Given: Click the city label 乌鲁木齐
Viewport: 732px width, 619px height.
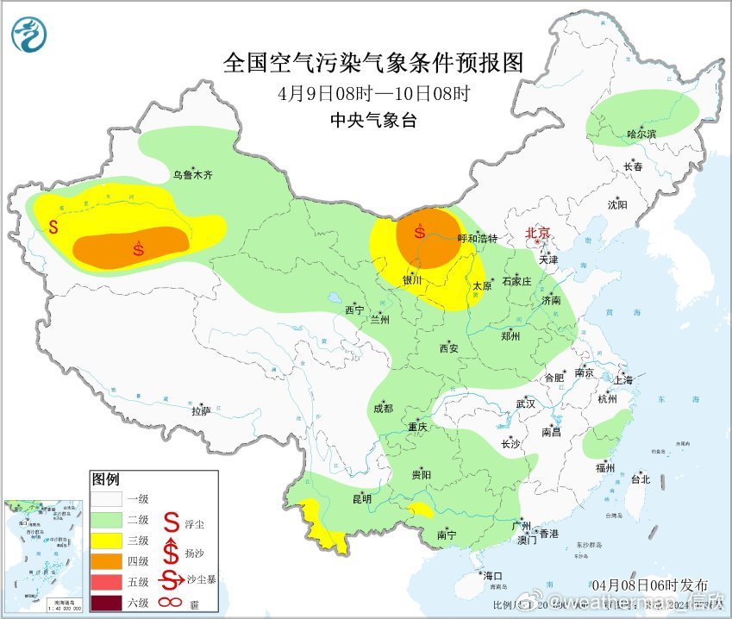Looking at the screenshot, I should pos(191,175).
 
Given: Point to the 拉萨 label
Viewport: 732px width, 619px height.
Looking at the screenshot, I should pos(200,412).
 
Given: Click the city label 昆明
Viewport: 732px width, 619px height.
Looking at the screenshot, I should pos(361,499).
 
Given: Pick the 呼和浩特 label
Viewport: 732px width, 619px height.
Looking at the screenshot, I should pos(477,238).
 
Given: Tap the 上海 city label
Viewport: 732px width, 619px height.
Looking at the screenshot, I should pos(623,380).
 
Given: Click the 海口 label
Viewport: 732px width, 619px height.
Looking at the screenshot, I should pos(492,576).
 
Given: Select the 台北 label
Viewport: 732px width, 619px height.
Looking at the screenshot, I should pos(640,480).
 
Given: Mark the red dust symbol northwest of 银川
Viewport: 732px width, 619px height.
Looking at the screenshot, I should pos(420,231).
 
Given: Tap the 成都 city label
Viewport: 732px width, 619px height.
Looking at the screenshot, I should pos(383,410).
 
